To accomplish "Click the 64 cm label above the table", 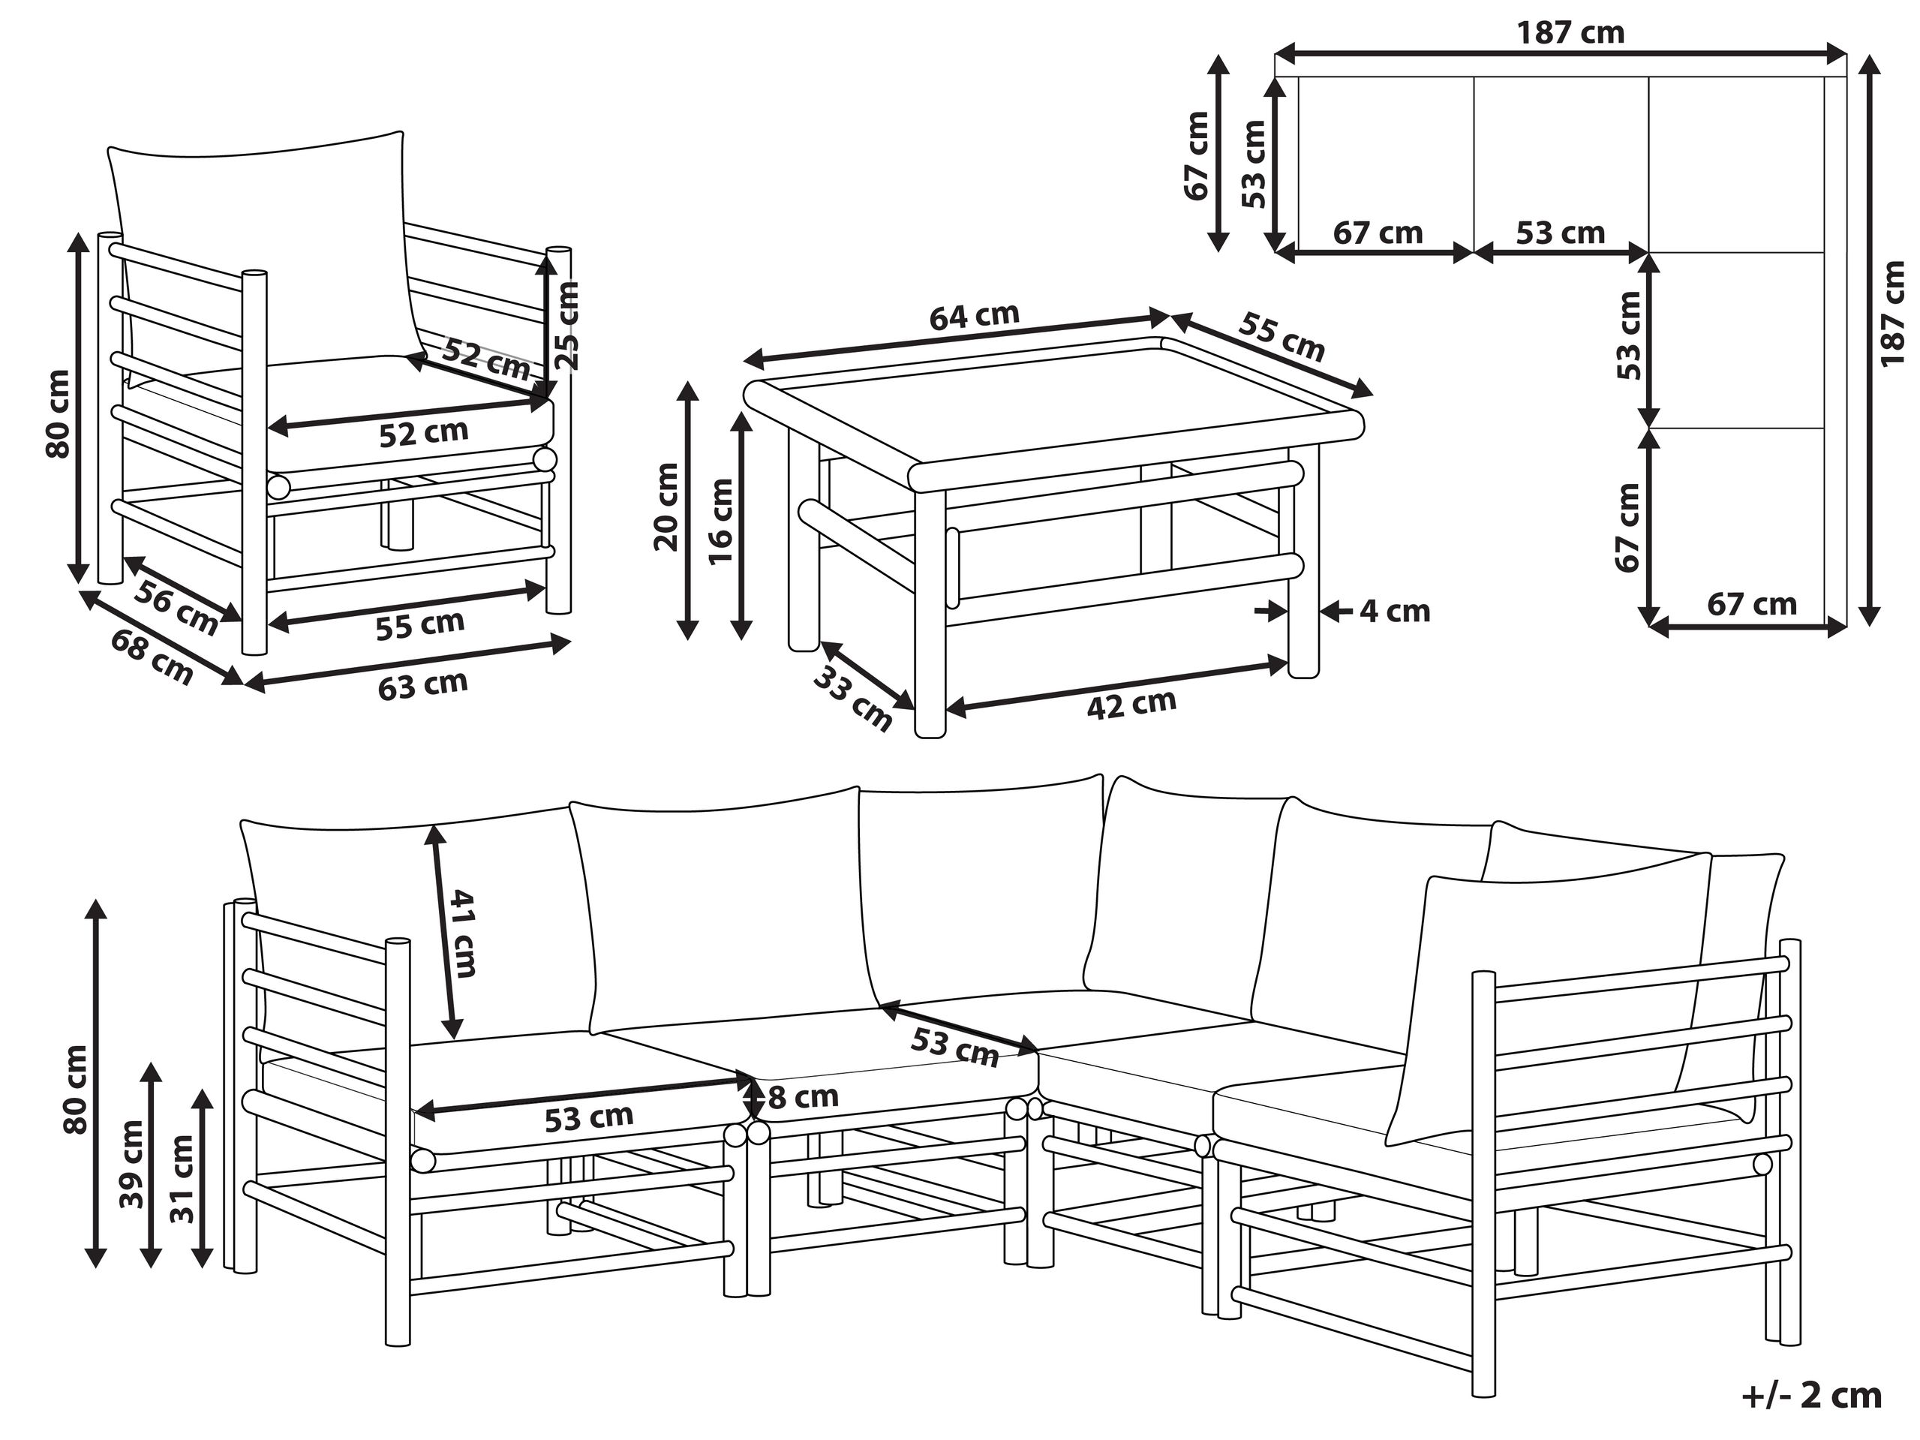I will pos(974,316).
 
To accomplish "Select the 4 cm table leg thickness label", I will pos(1394,611).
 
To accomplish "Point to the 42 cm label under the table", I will pos(1131,704).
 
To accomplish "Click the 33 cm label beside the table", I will pos(852,699).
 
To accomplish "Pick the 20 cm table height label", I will pos(666,508).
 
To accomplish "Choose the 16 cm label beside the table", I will pos(721,522).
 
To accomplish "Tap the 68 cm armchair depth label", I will pos(152,656).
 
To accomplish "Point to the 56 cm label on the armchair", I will pos(176,607).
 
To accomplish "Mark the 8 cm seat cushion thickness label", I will pos(803,1097).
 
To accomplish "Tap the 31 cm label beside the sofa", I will pos(182,1179).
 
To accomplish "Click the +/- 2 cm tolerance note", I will pos(1811,1396).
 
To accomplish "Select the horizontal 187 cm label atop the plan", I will pos(1570,33).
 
